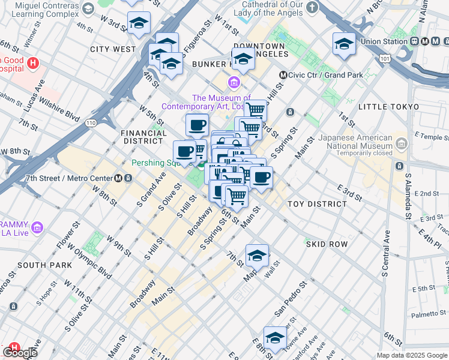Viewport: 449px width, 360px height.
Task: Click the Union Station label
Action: tap(384, 41)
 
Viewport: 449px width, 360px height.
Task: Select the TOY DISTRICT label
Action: tap(317, 204)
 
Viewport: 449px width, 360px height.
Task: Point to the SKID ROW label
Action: tap(327, 244)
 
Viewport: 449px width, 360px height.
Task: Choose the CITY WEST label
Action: tap(113, 49)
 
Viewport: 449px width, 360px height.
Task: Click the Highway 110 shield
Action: tap(90, 122)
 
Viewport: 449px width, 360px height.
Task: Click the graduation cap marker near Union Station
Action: tap(343, 44)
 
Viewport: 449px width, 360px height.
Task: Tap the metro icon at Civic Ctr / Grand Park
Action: tap(283, 76)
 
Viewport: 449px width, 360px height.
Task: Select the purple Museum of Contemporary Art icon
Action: tap(234, 82)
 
